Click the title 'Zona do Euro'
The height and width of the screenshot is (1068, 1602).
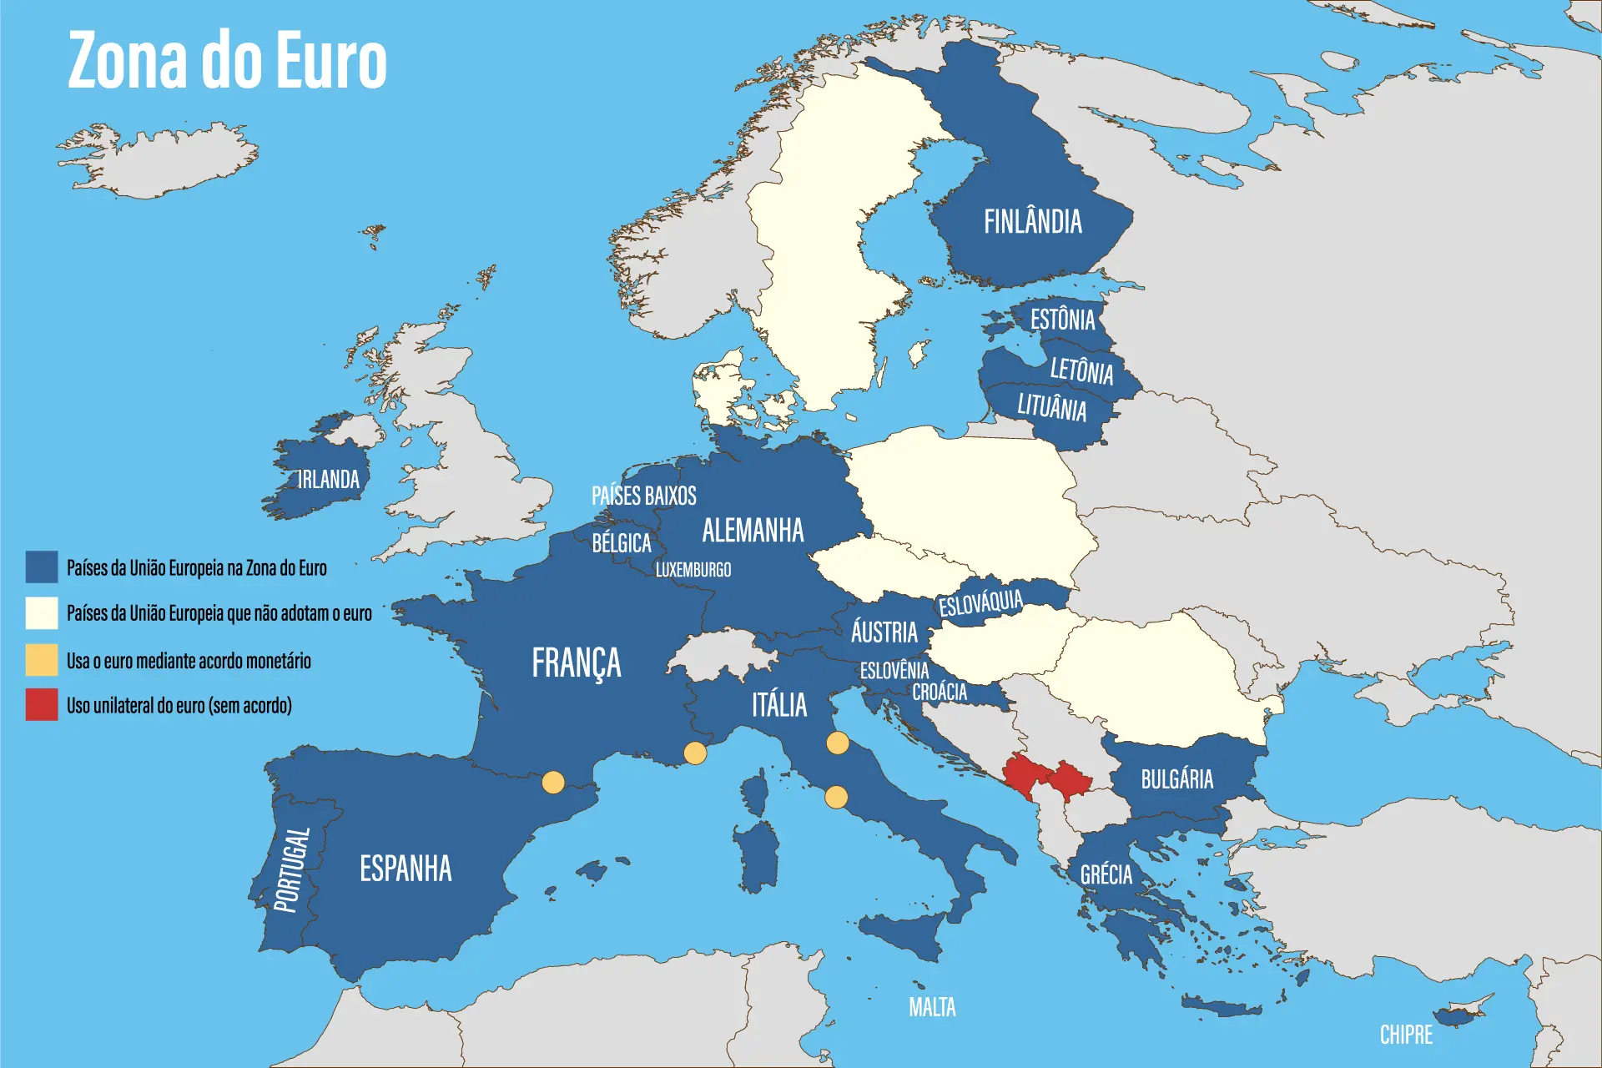pos(227,60)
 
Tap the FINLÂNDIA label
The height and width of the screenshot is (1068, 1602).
pos(1032,222)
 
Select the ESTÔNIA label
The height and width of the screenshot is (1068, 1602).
pos(1062,320)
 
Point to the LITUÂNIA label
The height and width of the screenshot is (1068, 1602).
pos(1051,407)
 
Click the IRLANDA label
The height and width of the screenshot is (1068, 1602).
pos(329,480)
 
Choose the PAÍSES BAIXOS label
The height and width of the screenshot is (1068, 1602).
pos(643,496)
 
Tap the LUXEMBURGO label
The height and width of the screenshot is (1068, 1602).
pos(693,570)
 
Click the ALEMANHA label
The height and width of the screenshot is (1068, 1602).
pos(753,531)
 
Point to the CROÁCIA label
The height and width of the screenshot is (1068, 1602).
pos(940,692)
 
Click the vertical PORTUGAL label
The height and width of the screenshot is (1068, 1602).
pos(292,869)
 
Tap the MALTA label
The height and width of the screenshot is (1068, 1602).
pos(932,1007)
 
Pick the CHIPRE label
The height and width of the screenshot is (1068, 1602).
pos(1406,1035)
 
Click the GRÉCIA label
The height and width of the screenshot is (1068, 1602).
pos(1106,874)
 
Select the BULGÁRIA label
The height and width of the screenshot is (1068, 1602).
pos(1176,779)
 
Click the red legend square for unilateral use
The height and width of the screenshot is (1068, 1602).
pos(42,704)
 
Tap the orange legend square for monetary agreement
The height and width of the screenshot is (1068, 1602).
pos(42,660)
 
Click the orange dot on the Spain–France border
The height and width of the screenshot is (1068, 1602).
pos(553,782)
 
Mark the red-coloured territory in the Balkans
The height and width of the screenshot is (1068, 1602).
pos(1047,778)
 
